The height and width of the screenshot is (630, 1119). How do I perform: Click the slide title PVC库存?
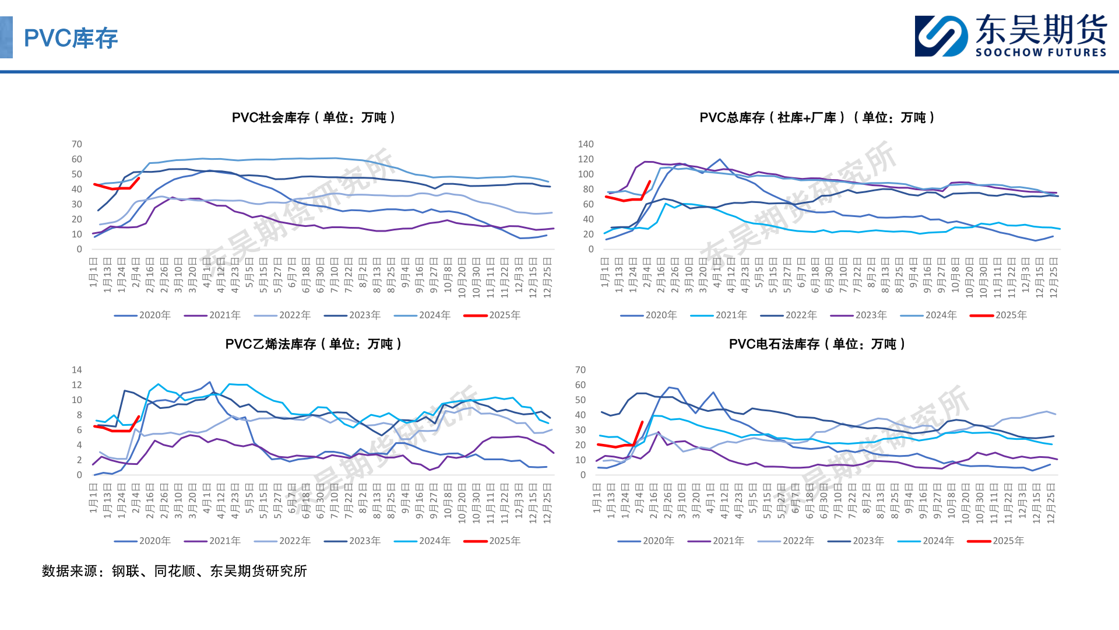click(x=71, y=38)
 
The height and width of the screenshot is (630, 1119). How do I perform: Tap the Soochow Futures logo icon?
click(x=941, y=36)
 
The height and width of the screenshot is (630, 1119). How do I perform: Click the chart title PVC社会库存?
click(x=314, y=117)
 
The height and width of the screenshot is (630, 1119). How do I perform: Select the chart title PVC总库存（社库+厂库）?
click(x=817, y=117)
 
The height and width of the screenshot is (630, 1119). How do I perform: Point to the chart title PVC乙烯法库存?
click(x=314, y=344)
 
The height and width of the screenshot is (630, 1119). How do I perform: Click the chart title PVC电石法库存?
click(x=817, y=344)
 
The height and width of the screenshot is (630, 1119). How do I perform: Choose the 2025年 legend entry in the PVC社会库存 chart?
click(x=492, y=315)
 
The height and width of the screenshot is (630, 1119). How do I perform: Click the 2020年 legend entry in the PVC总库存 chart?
click(x=649, y=315)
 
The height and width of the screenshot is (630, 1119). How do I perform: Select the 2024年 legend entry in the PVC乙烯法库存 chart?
click(x=423, y=541)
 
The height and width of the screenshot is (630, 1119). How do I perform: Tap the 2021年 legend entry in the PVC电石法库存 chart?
click(x=716, y=541)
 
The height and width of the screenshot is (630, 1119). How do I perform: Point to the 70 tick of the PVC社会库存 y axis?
click(x=77, y=144)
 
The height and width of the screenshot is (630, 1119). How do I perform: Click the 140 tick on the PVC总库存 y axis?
click(x=586, y=144)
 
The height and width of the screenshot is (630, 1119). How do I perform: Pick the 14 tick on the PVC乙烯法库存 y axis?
click(x=77, y=370)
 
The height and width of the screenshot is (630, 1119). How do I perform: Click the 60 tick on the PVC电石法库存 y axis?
click(x=580, y=385)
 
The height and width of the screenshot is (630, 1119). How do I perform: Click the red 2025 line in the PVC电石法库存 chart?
click(x=618, y=446)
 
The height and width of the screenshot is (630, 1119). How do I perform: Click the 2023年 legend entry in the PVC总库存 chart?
click(x=858, y=315)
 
